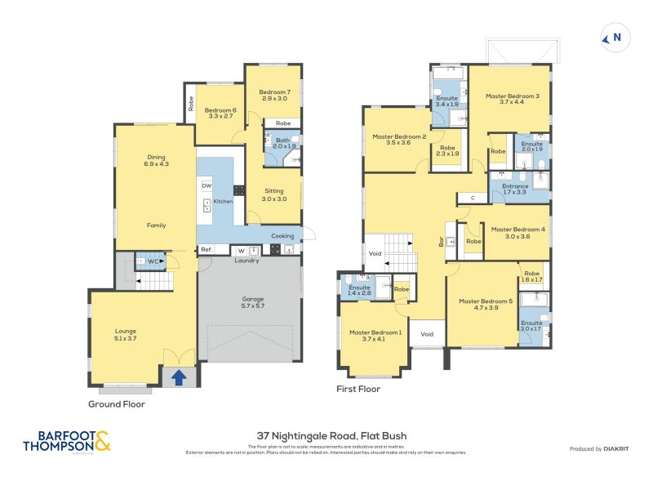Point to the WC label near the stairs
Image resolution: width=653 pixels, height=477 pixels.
click(152, 261)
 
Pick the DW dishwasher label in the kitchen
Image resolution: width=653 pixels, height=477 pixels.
click(207, 185)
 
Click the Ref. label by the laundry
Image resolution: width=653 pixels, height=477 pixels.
click(207, 249)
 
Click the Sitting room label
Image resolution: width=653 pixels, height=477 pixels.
click(273, 194)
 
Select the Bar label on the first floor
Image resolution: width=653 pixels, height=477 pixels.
click(442, 242)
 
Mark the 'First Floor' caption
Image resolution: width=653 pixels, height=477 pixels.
click(358, 389)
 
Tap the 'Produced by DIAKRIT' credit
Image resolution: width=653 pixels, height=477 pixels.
click(598, 448)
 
